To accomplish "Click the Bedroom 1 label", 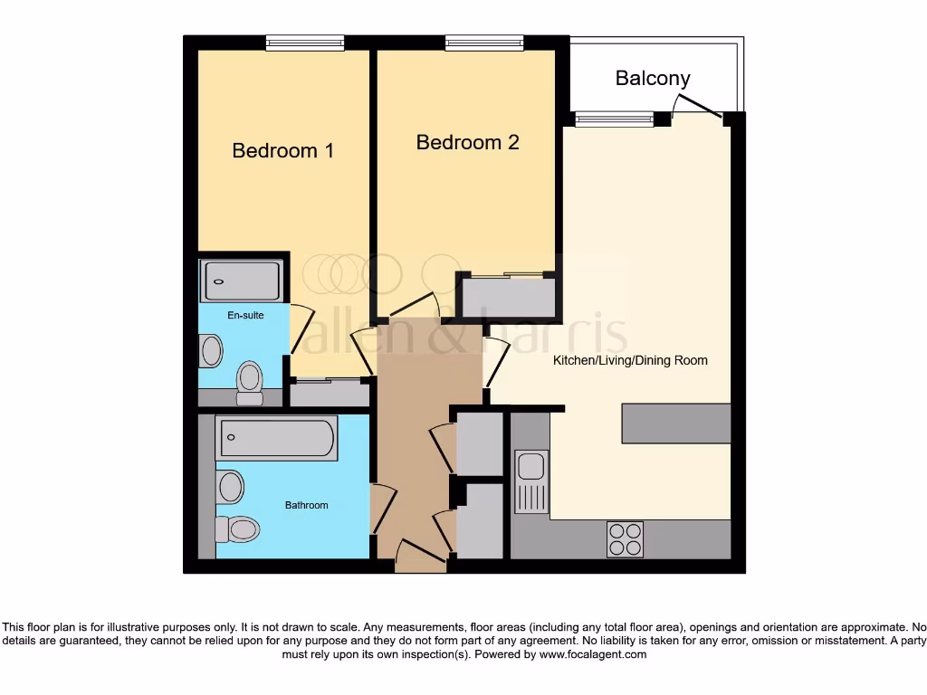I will click(x=282, y=150).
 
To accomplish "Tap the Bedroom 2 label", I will click(x=467, y=142).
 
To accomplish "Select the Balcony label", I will click(x=652, y=78).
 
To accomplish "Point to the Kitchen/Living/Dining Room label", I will click(x=630, y=360).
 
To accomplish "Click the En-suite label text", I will click(x=244, y=315).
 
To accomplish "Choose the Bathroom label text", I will click(x=306, y=505).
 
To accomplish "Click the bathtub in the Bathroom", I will click(x=275, y=438).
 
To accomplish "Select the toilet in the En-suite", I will click(x=249, y=382).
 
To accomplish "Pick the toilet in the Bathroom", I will click(x=237, y=528).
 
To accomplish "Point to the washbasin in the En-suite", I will click(x=212, y=350).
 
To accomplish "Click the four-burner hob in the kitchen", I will click(x=625, y=539).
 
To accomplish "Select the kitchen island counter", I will click(x=675, y=424).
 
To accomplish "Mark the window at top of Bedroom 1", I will click(x=305, y=42).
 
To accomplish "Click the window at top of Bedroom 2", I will click(x=484, y=42).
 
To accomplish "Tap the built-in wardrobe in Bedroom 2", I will click(x=507, y=297).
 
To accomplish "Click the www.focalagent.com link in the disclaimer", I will click(x=592, y=654).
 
